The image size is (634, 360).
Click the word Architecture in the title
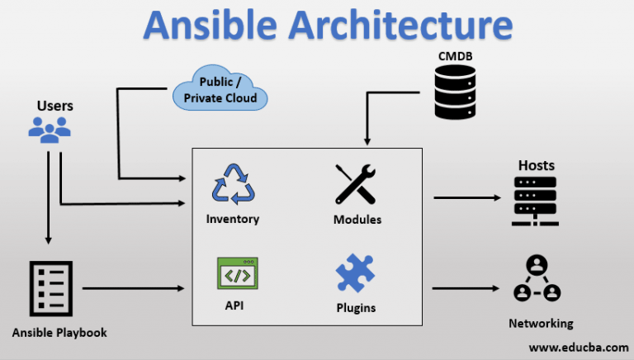coord(405,26)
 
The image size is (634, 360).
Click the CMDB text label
coord(457,55)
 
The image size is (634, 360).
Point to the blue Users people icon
coord(50,130)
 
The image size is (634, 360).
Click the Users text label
coord(54,106)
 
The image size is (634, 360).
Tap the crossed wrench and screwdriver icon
coord(357,185)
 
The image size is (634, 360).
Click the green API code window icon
coord(237,273)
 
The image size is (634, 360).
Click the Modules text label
coord(357,220)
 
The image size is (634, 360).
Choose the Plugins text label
coord(356,308)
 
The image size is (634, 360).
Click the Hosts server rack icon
coord(536,201)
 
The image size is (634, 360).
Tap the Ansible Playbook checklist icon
coord(51,289)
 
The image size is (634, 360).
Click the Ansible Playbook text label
coord(59,332)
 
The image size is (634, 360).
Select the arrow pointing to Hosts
coord(467,198)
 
